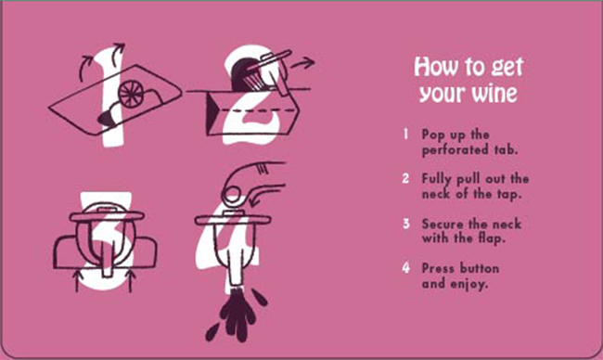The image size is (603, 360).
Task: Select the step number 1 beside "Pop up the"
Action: coord(405,134)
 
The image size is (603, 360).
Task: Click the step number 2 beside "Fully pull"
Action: coord(405,178)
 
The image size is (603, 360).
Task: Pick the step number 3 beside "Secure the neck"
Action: coord(406,223)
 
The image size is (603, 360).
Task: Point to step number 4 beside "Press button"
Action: coord(406,267)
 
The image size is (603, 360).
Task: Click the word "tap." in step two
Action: coord(509,194)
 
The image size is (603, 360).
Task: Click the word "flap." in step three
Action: coord(492,238)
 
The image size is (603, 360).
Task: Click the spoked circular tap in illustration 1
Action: coord(131,94)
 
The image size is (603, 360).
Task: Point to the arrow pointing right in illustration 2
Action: coord(302,63)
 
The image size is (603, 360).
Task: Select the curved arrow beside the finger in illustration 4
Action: coord(265,194)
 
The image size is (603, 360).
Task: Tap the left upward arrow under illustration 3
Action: coord(77,281)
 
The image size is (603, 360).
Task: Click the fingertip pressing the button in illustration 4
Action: coord(233,193)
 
